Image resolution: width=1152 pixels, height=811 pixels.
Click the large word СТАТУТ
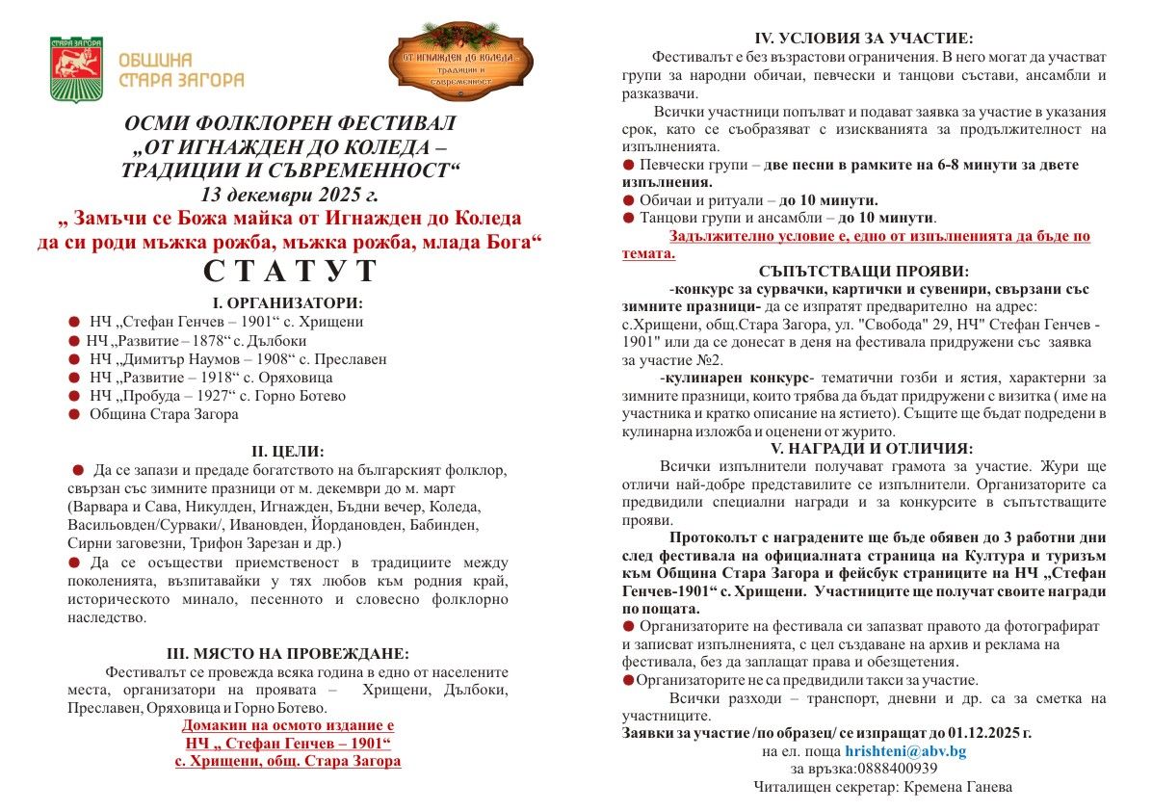coord(290,272)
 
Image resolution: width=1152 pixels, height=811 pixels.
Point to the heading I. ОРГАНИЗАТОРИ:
coord(288,302)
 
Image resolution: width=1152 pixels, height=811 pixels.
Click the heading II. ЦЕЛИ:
coord(288,451)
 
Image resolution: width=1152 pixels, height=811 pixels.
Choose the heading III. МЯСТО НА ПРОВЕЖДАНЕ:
coord(289,654)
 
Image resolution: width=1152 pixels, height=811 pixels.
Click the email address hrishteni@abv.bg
coord(905,750)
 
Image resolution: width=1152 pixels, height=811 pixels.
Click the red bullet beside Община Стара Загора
coord(74,414)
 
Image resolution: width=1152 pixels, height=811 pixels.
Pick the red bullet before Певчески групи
coord(629,165)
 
